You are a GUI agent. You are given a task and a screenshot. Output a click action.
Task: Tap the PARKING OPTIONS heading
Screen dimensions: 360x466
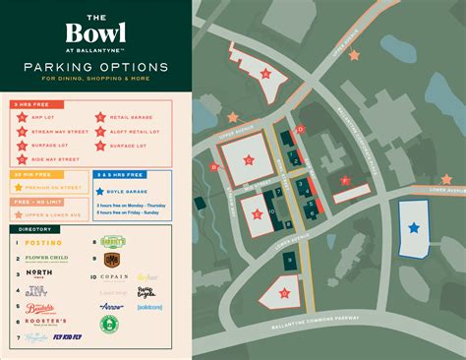coord(95,67)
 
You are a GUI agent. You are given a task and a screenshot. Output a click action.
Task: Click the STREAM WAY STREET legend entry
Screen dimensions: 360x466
coord(54,130)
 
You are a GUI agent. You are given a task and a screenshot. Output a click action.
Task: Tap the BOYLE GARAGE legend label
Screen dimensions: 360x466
coord(128,190)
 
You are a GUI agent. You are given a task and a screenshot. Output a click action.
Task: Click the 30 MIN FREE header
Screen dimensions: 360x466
coord(29,175)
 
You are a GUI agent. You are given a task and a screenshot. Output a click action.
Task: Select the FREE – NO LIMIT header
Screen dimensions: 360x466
coord(35,201)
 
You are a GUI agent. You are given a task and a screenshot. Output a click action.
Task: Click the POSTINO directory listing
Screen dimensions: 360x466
coord(44,242)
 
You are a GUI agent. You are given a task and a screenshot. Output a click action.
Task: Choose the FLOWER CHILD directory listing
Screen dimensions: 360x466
coord(47,259)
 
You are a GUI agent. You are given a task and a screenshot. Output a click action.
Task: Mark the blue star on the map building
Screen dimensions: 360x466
coord(414,227)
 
